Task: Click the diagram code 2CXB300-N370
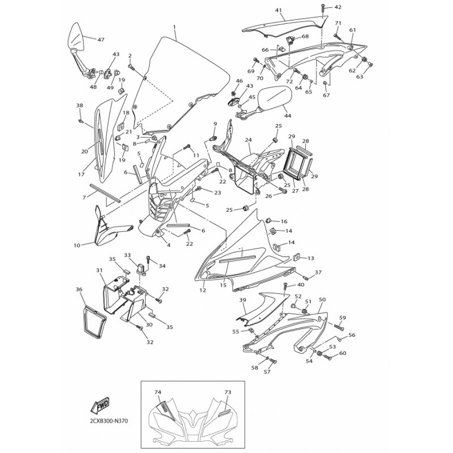[x=106, y=421]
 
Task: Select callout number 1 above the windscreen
[x=174, y=27]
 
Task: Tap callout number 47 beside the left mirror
[x=101, y=40]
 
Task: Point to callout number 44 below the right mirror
[x=288, y=116]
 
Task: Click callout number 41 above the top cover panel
[x=278, y=10]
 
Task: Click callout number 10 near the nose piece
[x=76, y=246]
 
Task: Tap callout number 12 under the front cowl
[x=203, y=290]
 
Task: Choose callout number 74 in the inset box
[x=157, y=392]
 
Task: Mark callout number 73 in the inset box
[x=228, y=392]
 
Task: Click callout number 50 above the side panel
[x=322, y=300]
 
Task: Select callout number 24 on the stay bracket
[x=248, y=140]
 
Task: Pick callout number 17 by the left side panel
[x=81, y=174]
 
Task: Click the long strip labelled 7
[x=105, y=193]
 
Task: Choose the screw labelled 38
[x=80, y=121]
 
